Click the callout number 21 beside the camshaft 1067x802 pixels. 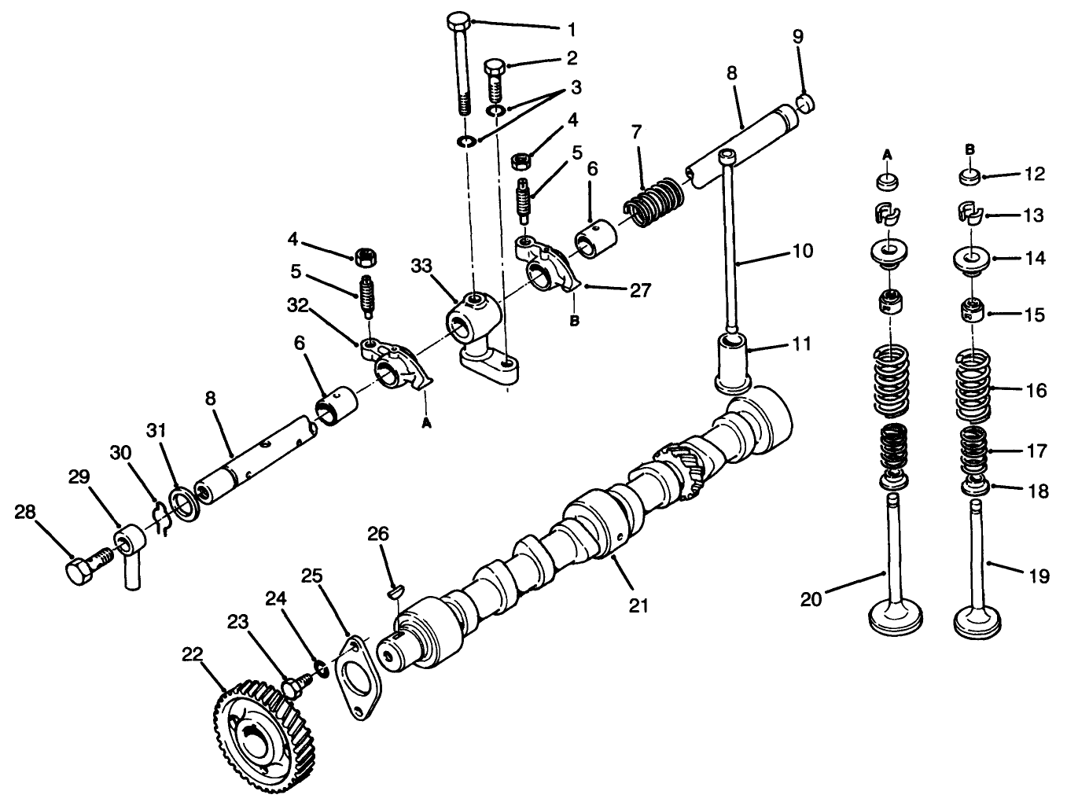tap(638, 605)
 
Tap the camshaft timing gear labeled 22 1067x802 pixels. tap(251, 727)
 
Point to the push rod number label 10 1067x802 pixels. tap(803, 252)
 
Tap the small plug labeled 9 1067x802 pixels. tap(804, 104)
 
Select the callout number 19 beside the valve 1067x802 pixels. tap(1039, 576)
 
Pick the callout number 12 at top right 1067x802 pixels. tap(1035, 175)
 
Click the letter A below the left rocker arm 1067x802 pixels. tap(427, 422)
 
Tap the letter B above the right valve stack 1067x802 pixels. tap(969, 148)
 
